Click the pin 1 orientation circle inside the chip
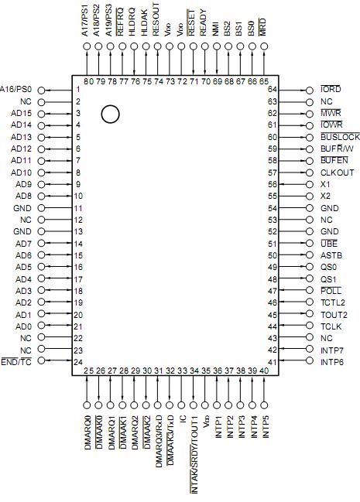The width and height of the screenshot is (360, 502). click(111, 114)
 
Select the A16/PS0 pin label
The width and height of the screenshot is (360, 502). click(16, 89)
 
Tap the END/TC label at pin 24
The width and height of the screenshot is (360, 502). click(16, 362)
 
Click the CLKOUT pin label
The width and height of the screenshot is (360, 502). click(337, 172)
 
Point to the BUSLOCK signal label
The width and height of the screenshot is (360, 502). click(339, 137)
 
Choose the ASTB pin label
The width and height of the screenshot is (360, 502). click(331, 255)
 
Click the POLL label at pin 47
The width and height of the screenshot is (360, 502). click(331, 291)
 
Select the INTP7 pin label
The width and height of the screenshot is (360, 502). click(333, 350)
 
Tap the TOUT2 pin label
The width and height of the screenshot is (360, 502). click(334, 315)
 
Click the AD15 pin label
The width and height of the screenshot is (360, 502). click(22, 113)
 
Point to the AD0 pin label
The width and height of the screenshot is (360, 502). click(24, 326)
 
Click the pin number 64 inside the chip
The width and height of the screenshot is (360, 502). click(273, 90)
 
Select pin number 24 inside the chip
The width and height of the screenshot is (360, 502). click(78, 362)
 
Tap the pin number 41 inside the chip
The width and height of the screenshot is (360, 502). click(273, 362)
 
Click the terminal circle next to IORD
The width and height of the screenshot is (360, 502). click(310, 90)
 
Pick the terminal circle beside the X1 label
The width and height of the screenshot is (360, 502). click(310, 185)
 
